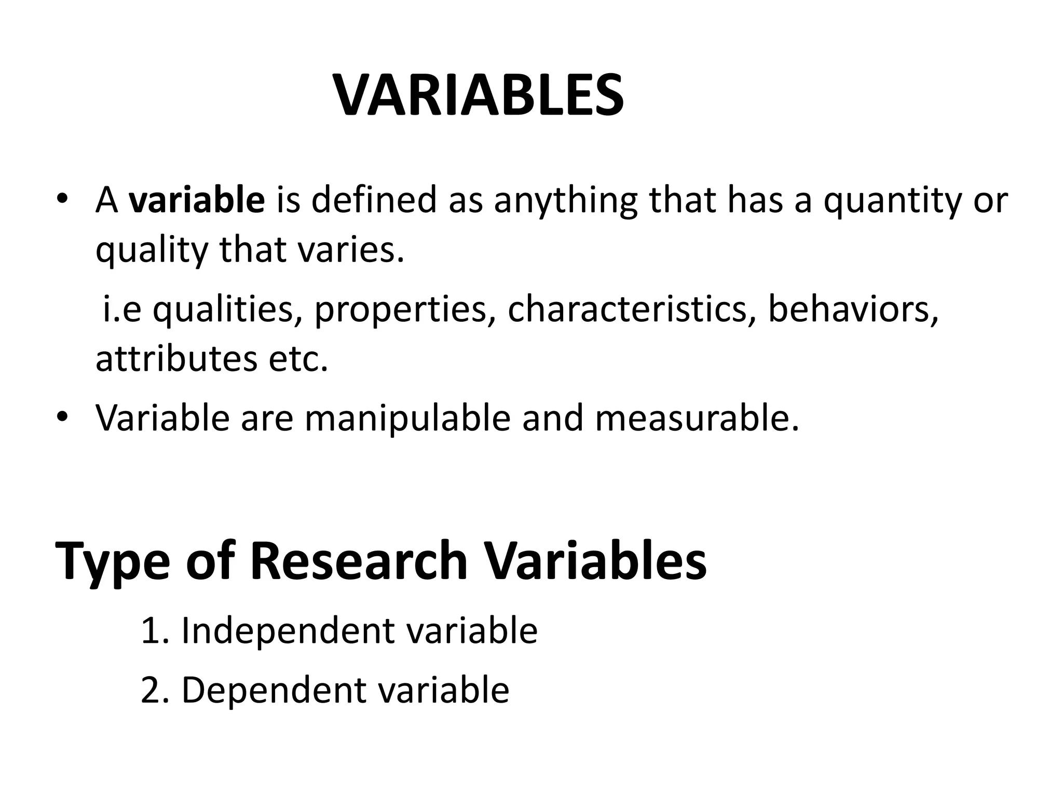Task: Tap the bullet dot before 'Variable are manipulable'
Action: (63, 417)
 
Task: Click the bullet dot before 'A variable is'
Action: (63, 199)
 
